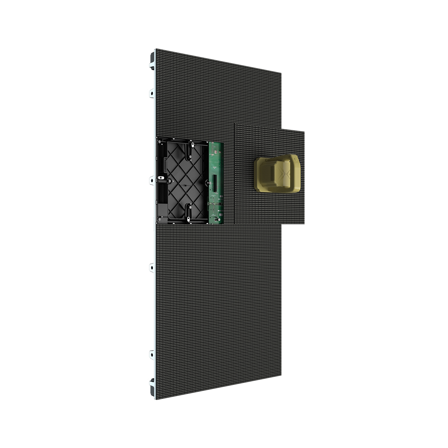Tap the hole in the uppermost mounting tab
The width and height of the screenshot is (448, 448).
(x=152, y=93)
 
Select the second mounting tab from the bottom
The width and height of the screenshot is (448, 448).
(x=152, y=268)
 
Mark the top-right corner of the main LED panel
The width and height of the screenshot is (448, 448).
(x=281, y=73)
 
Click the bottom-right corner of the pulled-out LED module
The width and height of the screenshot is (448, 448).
(x=305, y=224)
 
